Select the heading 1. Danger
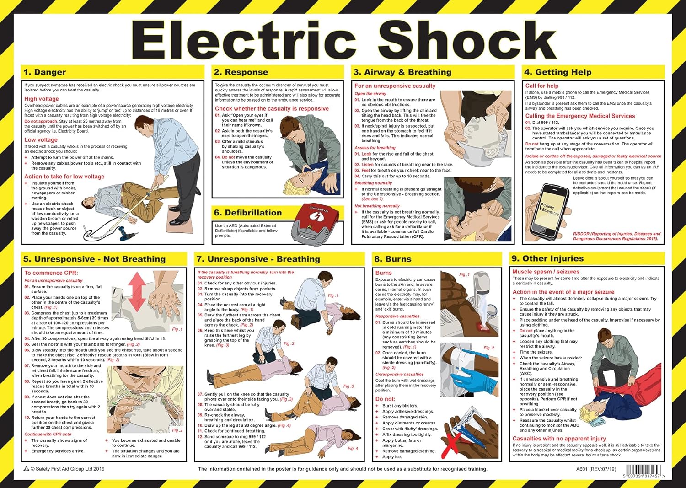45,72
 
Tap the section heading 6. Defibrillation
247,213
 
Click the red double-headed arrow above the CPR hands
138,291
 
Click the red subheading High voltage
42,99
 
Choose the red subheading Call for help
542,86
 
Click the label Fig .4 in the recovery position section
353,449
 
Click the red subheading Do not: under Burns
385,399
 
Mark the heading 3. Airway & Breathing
402,72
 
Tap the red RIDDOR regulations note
616,236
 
